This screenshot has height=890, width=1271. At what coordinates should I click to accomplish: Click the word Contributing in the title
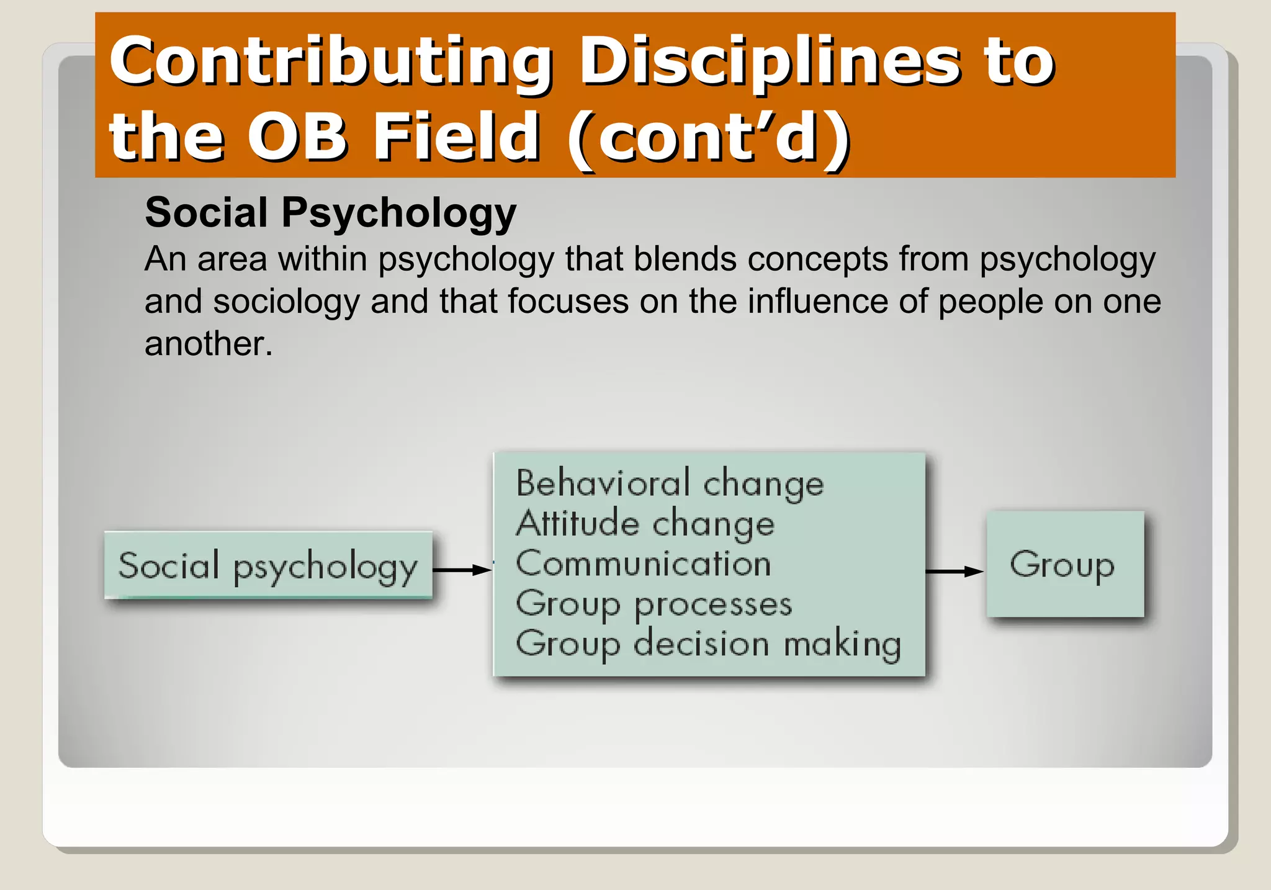[x=330, y=62]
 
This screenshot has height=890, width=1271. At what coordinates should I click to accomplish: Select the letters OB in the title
[x=296, y=136]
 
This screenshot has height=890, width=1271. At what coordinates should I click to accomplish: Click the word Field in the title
[x=456, y=136]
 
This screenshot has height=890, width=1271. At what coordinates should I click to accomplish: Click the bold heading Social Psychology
[x=330, y=213]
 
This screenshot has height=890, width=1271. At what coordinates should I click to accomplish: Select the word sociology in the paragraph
[x=286, y=302]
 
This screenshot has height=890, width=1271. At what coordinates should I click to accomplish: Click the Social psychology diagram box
[x=268, y=565]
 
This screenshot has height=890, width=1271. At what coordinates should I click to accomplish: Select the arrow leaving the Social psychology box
[x=462, y=570]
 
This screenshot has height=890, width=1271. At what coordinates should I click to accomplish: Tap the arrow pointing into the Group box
[x=954, y=572]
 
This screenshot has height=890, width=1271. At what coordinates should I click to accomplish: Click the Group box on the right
[x=1064, y=564]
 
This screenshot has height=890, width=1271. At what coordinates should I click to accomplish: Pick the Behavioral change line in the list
[x=670, y=483]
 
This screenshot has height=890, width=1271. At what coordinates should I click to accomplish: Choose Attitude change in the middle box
[x=645, y=524]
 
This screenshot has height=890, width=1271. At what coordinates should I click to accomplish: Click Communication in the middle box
[x=643, y=564]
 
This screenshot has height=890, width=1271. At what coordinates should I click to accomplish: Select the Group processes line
[x=653, y=604]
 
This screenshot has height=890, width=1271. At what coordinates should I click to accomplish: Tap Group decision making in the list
[x=707, y=644]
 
